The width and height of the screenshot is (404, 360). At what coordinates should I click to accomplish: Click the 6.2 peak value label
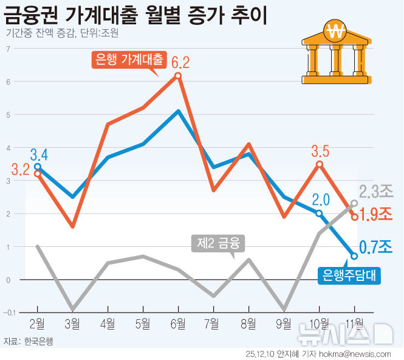coord(180,62)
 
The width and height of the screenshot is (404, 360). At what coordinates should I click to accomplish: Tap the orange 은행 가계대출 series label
coord(129,60)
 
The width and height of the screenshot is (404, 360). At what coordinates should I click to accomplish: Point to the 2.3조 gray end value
coord(375,192)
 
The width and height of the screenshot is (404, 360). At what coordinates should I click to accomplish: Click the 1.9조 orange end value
coord(375,214)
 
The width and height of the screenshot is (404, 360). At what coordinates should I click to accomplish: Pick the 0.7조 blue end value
coord(375,247)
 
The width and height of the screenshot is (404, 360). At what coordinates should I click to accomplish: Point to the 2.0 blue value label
coord(320,199)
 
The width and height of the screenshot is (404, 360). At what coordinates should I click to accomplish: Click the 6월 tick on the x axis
coord(178,323)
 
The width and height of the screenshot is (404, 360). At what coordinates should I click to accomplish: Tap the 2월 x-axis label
coord(38,323)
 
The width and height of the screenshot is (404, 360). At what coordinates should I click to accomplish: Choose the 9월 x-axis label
coord(284,323)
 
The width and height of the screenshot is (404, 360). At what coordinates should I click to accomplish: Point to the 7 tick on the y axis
coord(9,49)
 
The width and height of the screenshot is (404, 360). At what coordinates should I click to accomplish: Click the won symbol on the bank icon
coord(334,30)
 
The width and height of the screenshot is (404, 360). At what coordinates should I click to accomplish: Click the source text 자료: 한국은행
coord(29,341)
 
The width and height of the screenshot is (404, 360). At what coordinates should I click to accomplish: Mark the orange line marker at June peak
coord(178,75)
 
